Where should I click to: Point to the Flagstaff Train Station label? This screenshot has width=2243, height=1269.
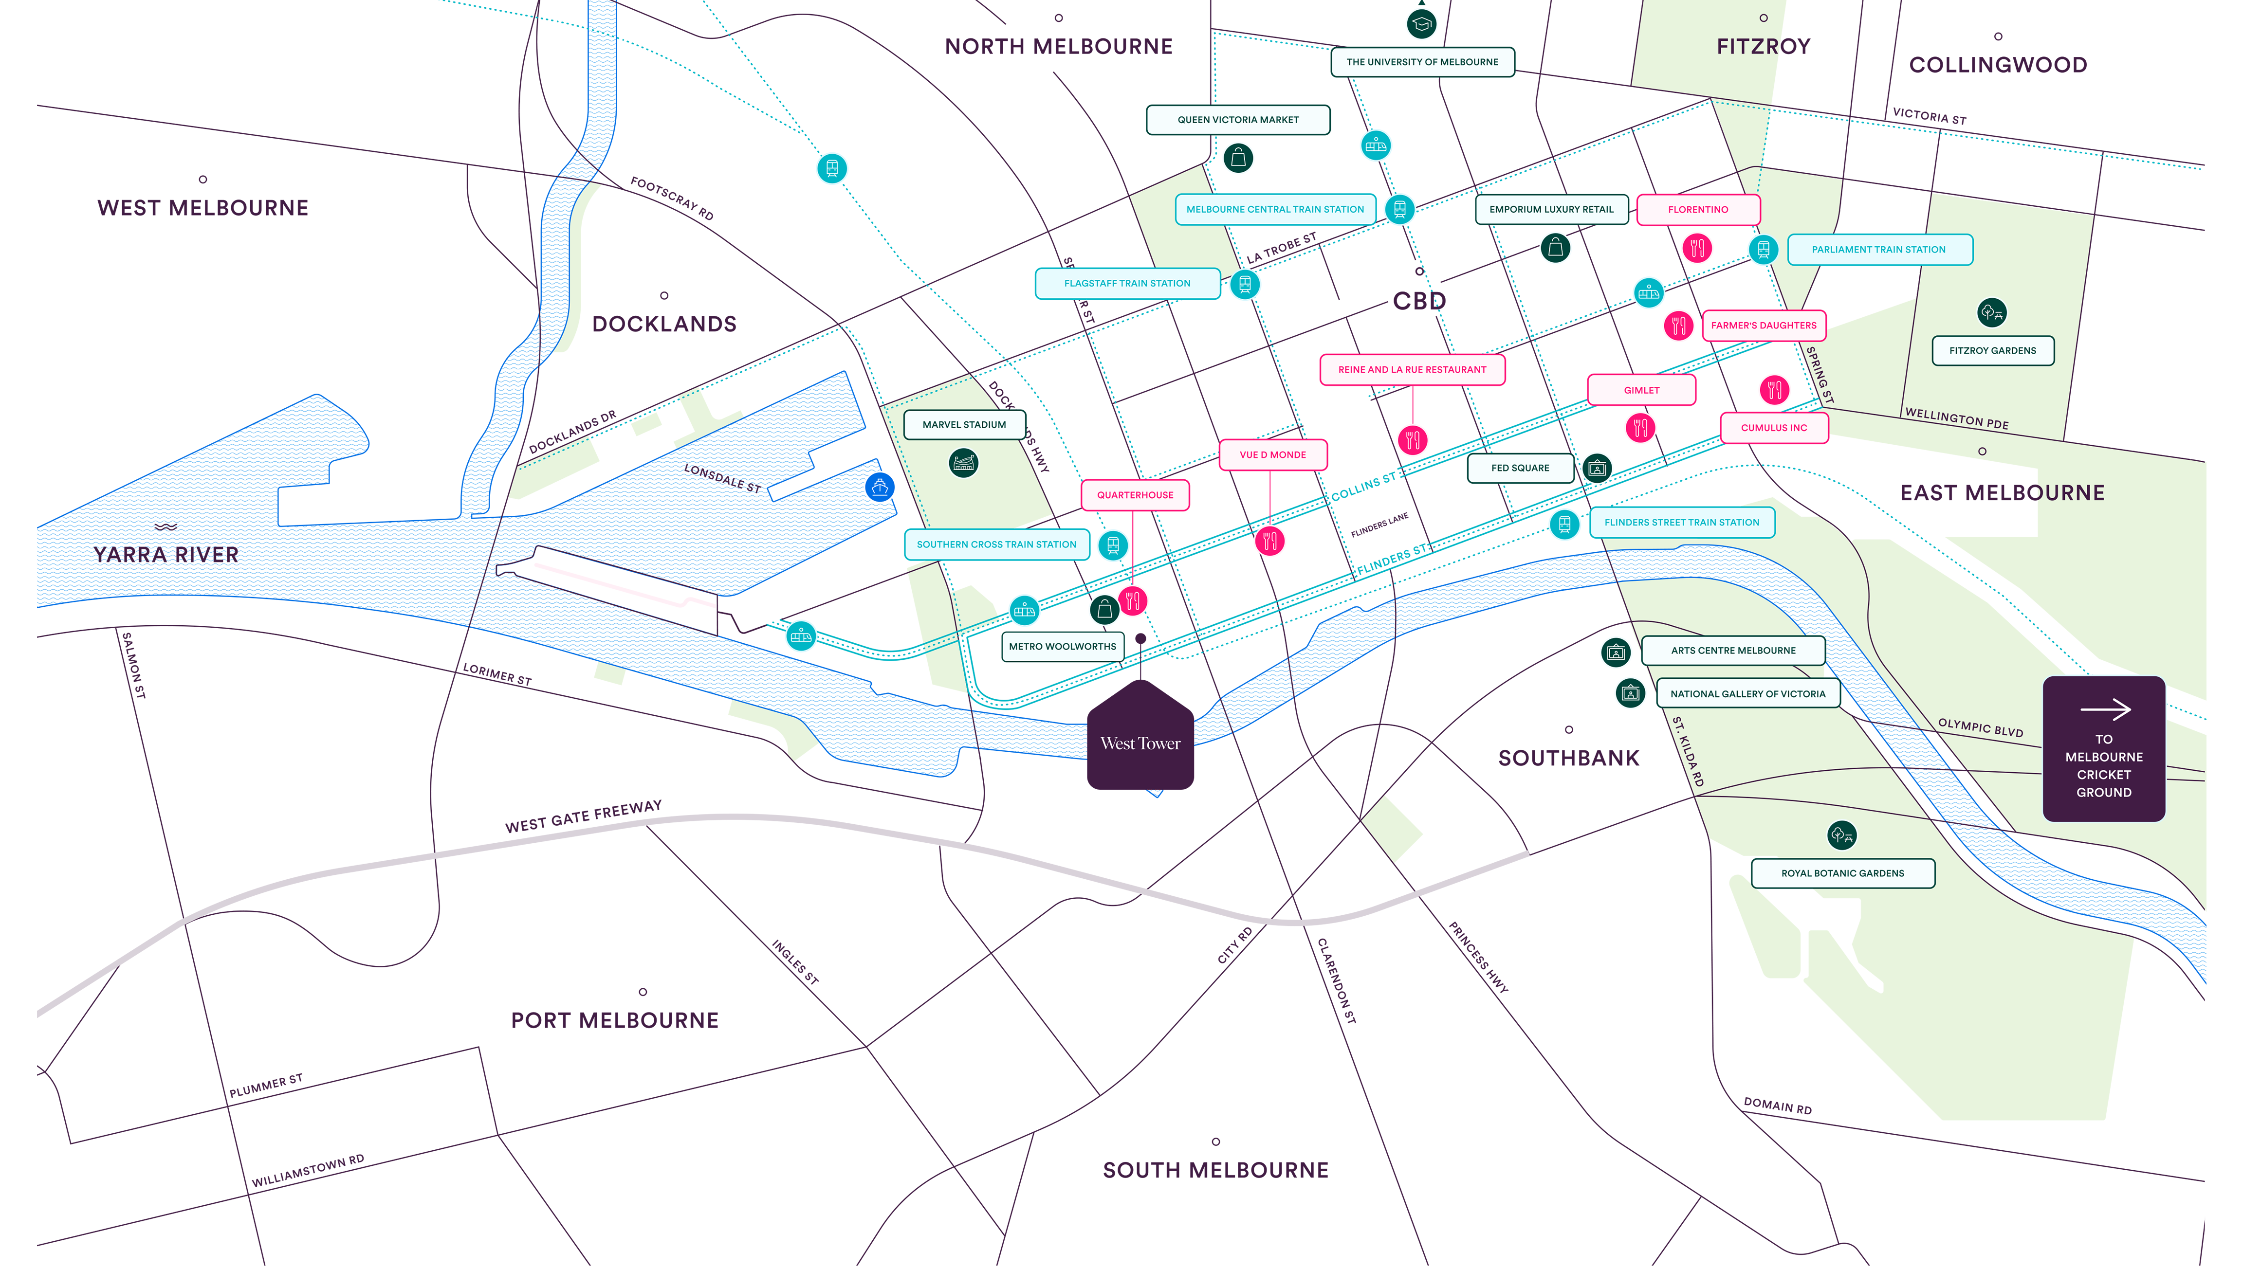tap(1126, 283)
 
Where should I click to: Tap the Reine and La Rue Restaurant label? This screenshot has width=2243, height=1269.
tap(1411, 369)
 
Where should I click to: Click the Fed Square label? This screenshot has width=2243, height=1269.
tap(1520, 468)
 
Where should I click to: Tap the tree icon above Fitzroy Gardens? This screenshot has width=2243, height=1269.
tap(1991, 312)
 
